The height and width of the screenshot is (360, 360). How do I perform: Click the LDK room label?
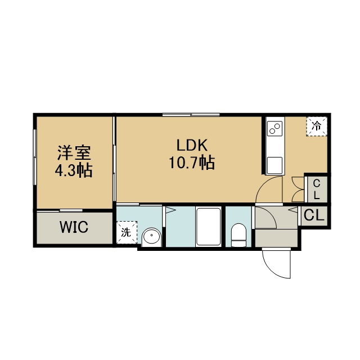[x=192, y=145]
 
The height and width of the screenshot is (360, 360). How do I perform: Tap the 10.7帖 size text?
[x=192, y=163]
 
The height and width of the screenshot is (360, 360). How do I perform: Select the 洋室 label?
[x=74, y=153]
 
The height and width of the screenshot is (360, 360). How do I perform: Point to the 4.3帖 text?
[x=74, y=170]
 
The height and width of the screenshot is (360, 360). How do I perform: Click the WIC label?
[x=74, y=227]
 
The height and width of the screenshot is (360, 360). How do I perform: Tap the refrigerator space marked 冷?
[x=316, y=126]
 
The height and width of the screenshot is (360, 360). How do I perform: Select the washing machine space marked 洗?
[x=127, y=232]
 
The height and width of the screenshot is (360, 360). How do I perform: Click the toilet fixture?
[x=238, y=235]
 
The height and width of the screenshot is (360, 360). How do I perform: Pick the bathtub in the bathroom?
[x=209, y=227]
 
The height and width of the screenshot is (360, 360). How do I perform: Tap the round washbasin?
[x=151, y=237]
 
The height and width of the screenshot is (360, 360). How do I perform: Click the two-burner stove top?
[x=274, y=129]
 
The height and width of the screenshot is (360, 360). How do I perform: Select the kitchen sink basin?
[x=274, y=165]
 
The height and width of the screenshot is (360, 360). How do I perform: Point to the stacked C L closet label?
[x=317, y=190]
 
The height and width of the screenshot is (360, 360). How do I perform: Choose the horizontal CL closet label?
[x=314, y=215]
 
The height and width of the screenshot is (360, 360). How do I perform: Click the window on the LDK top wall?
[x=191, y=115]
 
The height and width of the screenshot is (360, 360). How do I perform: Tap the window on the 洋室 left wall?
[x=35, y=157]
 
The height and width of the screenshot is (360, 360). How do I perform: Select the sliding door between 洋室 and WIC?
[x=60, y=210]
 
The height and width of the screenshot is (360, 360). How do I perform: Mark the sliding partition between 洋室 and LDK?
[x=114, y=159]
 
